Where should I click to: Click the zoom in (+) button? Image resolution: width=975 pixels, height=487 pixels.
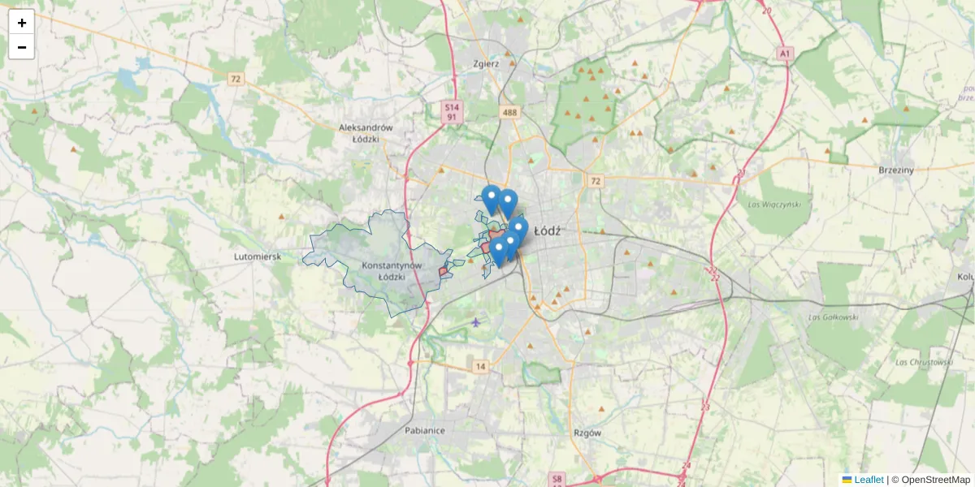click(21, 23)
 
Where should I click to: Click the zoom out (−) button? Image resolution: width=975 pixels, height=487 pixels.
click(21, 47)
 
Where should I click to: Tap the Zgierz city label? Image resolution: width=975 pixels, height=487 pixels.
click(485, 63)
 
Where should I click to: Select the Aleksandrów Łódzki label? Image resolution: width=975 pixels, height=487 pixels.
click(366, 133)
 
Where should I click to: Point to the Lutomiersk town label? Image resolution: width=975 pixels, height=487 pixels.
click(257, 256)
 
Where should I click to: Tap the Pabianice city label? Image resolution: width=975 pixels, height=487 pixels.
click(424, 430)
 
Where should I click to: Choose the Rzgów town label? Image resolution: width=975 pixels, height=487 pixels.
click(587, 433)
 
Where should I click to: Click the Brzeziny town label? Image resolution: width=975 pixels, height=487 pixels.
click(896, 170)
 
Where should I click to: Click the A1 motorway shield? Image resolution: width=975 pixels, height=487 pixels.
click(784, 54)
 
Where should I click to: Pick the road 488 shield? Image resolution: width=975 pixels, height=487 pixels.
click(509, 113)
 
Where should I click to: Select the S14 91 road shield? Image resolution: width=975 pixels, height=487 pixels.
click(452, 112)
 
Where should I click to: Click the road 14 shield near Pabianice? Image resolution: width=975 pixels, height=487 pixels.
click(481, 367)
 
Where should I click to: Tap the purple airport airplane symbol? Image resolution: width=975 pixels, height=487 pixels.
click(475, 323)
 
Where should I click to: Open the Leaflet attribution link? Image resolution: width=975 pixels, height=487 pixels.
click(869, 480)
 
